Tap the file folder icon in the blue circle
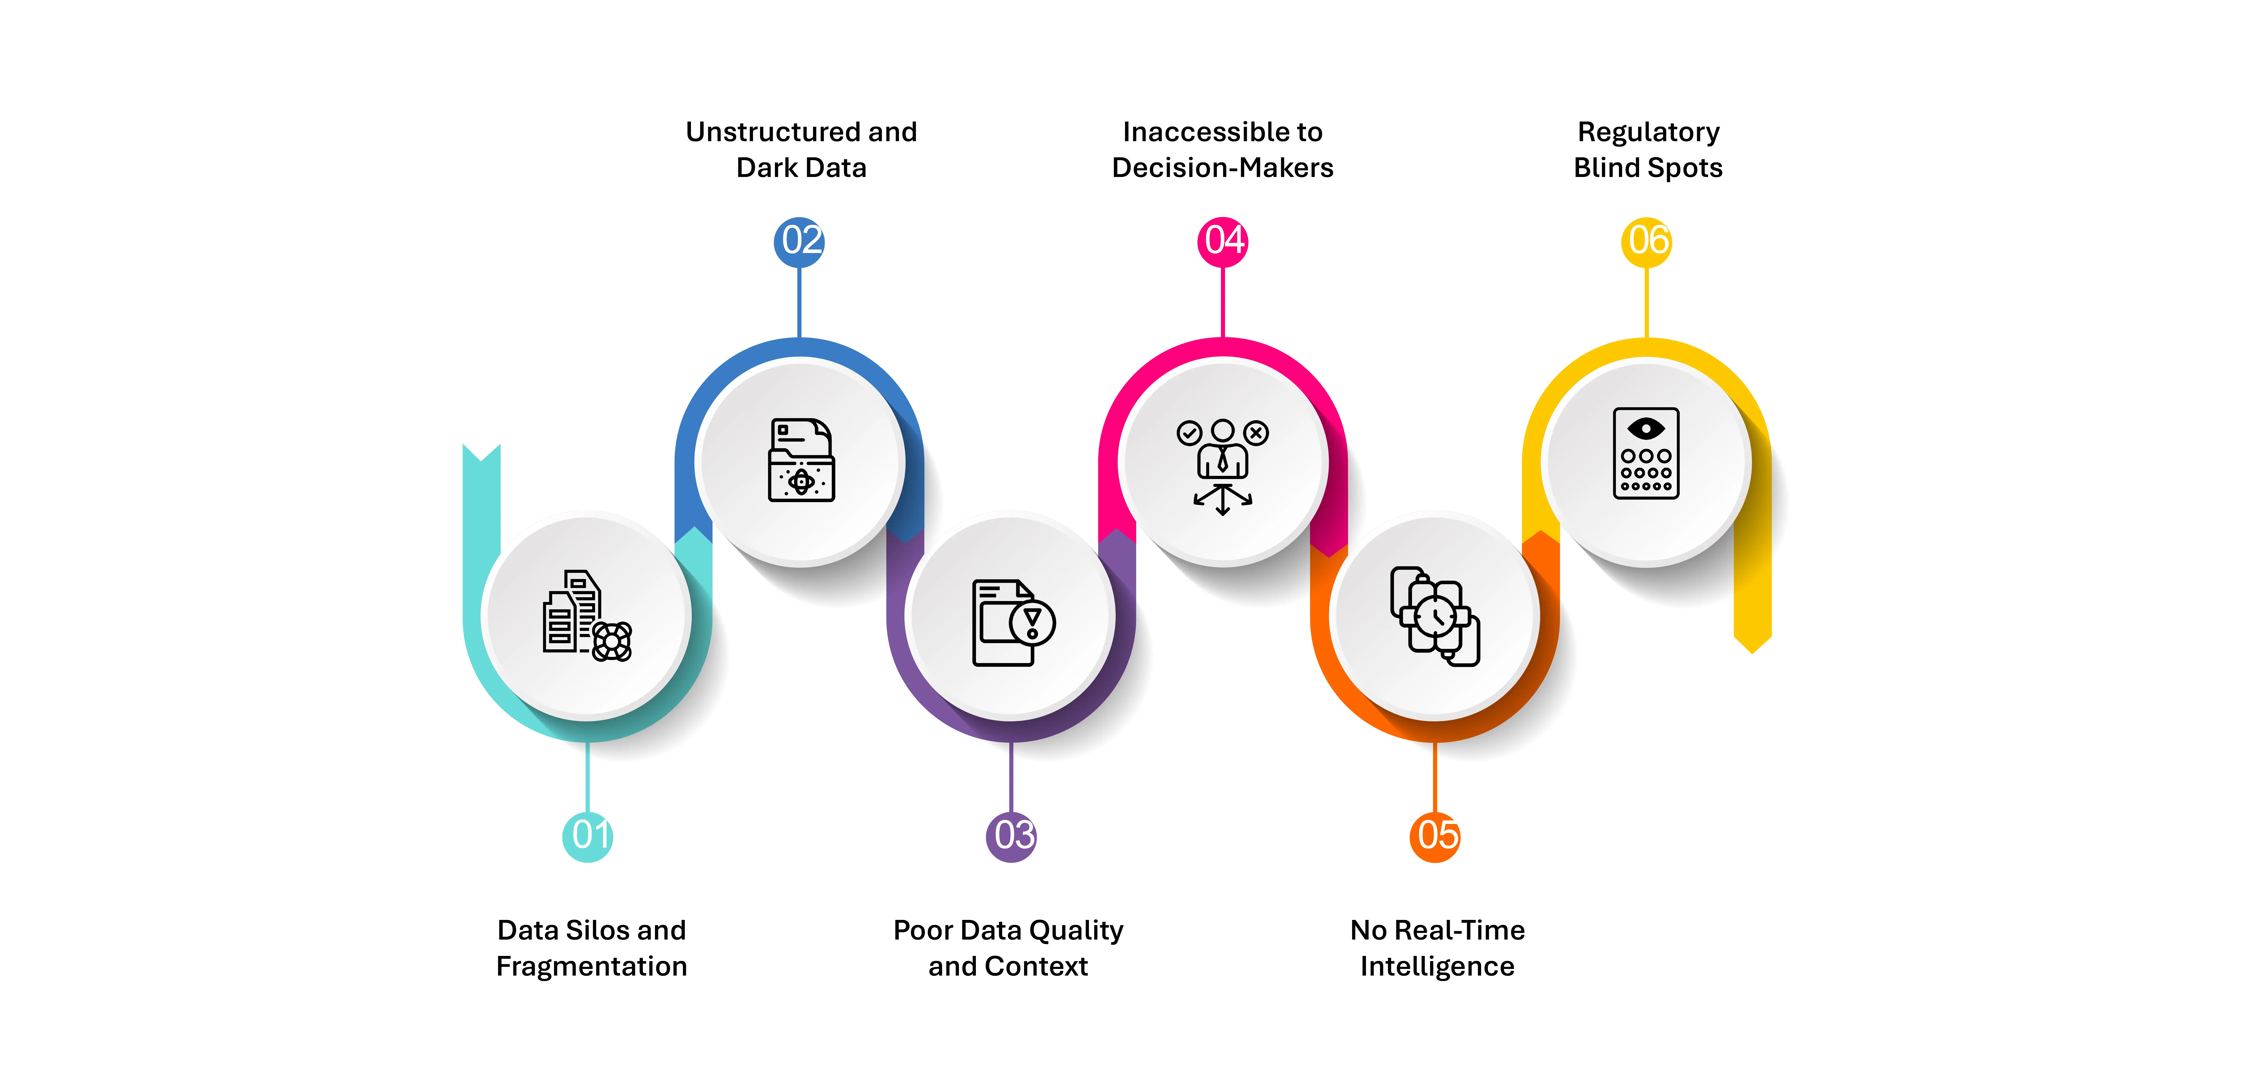pos(801,460)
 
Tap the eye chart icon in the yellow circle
pos(1646,453)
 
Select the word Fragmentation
pos(591,966)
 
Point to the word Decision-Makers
pos(1223,168)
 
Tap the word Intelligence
pos(1437,966)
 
